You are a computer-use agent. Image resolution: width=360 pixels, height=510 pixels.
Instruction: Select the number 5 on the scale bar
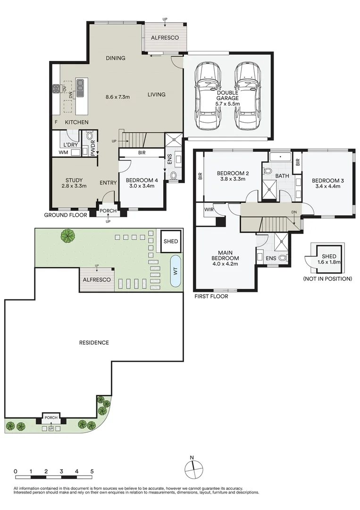coord(92,471)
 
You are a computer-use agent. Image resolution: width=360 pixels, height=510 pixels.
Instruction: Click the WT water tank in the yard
coord(175,272)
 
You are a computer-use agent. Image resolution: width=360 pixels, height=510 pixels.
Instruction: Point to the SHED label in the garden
coord(170,241)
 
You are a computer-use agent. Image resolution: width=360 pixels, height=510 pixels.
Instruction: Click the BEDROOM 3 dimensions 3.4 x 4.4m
coord(326,186)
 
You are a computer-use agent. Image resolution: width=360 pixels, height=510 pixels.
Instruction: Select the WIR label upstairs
coord(209,209)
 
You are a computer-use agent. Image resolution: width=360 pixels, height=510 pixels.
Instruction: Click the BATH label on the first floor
coord(282,176)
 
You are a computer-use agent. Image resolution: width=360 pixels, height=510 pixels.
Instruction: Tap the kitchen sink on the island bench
coord(80,85)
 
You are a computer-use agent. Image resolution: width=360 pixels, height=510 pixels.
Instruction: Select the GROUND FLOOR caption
coord(65,215)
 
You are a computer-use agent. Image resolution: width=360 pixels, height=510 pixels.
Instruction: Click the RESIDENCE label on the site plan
coord(94,342)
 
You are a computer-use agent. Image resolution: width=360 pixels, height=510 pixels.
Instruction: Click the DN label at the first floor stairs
coord(294,212)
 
